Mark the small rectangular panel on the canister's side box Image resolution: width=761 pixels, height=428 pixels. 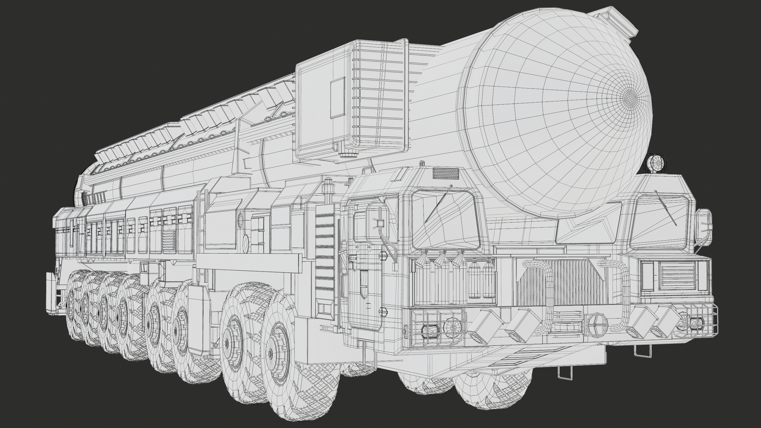click(x=338, y=98)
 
